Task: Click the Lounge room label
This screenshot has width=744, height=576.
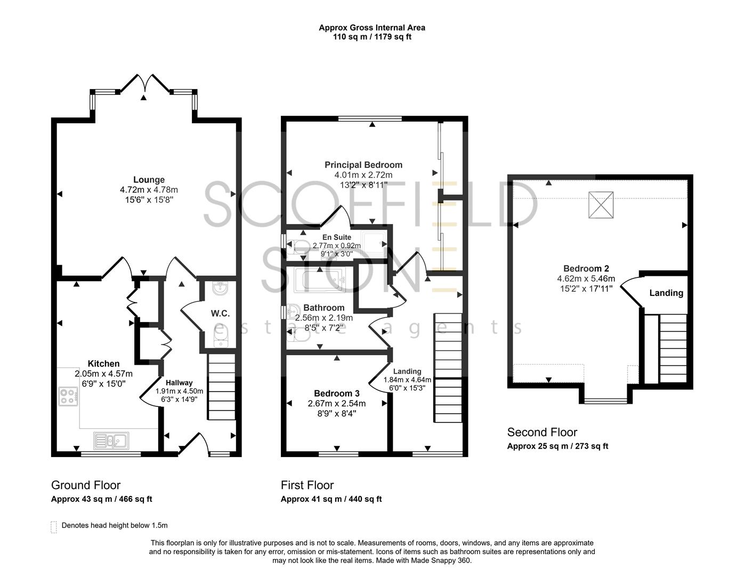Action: pos(149,180)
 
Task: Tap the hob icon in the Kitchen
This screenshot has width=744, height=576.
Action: pos(68,396)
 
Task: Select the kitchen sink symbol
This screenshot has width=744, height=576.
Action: pos(111,441)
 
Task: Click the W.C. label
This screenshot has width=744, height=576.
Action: pos(220,314)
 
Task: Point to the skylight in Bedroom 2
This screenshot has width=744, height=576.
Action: pos(601,205)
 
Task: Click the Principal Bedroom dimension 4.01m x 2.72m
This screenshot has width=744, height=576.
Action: pos(363,175)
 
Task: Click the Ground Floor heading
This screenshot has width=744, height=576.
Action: pos(85,485)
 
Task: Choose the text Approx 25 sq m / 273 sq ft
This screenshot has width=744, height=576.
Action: pos(557,446)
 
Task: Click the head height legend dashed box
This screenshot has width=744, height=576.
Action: pos(53,527)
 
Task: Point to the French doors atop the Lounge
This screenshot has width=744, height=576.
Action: pos(144,85)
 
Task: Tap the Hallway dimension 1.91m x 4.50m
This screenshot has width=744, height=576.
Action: pos(179,391)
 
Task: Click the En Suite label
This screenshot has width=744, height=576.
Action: pos(336,237)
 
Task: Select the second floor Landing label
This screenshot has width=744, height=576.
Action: pos(666,293)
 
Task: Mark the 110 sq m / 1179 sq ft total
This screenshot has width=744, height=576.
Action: pos(371,37)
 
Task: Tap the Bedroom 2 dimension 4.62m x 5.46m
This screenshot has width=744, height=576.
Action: pos(586,278)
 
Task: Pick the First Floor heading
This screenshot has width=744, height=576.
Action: pos(307,485)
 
